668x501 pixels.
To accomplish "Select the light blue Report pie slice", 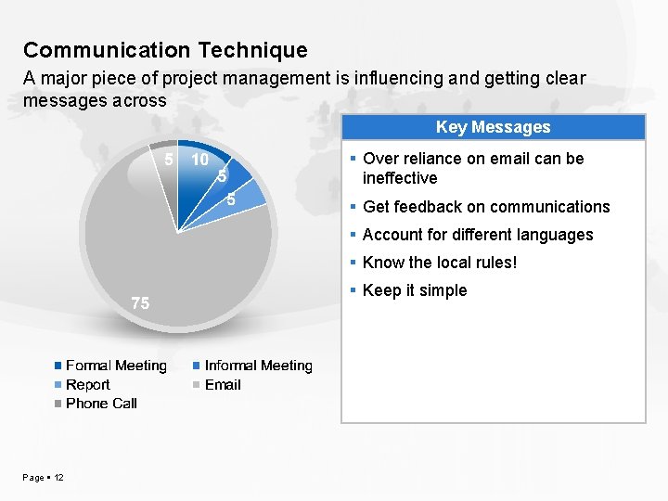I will coord(246,198).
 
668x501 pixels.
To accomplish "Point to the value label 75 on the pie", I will coord(140,303).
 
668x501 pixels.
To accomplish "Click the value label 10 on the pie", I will coord(199,160).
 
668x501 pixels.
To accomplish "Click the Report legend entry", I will coord(87,384).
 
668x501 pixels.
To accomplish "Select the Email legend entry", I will coord(222,384).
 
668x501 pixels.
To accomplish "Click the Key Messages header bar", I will coord(493,127).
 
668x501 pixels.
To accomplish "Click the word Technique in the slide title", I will coord(249,50).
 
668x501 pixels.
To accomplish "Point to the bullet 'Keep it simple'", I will coord(415,290).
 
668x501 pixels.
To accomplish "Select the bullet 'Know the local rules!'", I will coord(440,263).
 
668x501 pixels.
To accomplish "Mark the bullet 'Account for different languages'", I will coord(477,235).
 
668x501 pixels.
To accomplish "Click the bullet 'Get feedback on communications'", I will coord(486,207).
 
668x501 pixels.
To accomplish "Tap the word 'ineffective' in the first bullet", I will coord(400,178).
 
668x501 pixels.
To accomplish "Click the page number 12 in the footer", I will coord(58,477).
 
